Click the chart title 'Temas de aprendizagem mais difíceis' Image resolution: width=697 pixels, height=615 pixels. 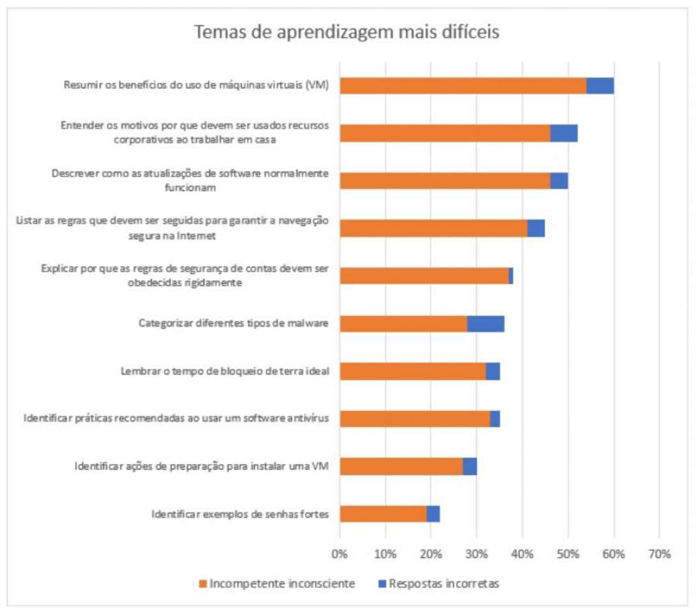click(346, 32)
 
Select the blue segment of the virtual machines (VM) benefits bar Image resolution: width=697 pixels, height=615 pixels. click(600, 85)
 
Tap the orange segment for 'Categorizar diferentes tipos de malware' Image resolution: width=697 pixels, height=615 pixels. click(403, 323)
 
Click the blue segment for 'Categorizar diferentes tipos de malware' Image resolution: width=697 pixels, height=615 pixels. click(486, 323)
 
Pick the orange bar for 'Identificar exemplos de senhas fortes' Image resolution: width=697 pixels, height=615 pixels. click(383, 514)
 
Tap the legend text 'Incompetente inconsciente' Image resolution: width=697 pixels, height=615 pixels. click(282, 583)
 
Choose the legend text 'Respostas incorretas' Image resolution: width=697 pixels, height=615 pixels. click(444, 583)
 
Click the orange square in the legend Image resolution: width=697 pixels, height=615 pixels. click(202, 584)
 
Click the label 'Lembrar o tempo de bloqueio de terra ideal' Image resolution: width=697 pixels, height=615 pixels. click(224, 371)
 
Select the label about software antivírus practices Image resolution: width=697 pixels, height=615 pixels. click(176, 419)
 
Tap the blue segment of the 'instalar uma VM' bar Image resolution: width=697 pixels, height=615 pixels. click(469, 466)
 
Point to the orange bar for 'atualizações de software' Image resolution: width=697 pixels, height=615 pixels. click(444, 181)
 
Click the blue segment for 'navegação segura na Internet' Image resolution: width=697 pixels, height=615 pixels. click(536, 228)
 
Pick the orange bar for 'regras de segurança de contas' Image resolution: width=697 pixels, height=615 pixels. click(424, 276)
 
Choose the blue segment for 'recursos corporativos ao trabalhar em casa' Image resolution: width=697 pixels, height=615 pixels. click(563, 133)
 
